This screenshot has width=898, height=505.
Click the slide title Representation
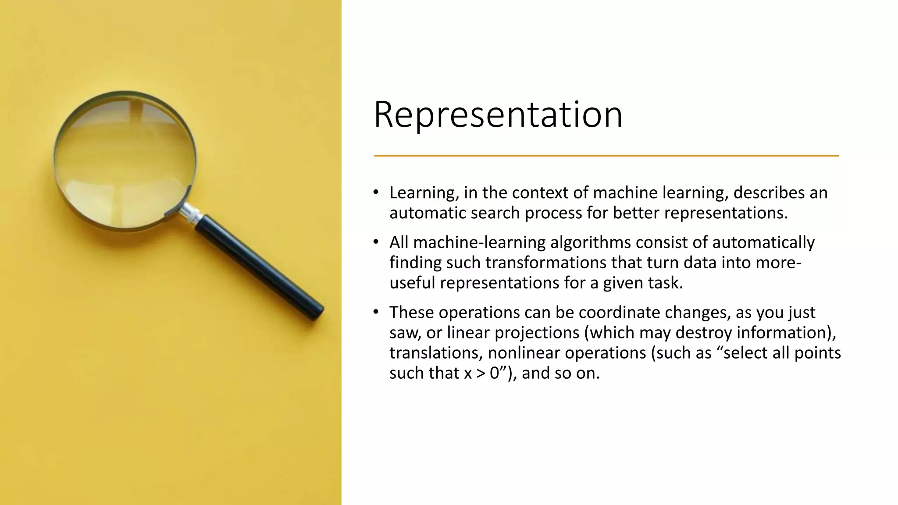click(498, 115)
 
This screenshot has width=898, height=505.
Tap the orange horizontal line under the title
click(606, 156)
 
